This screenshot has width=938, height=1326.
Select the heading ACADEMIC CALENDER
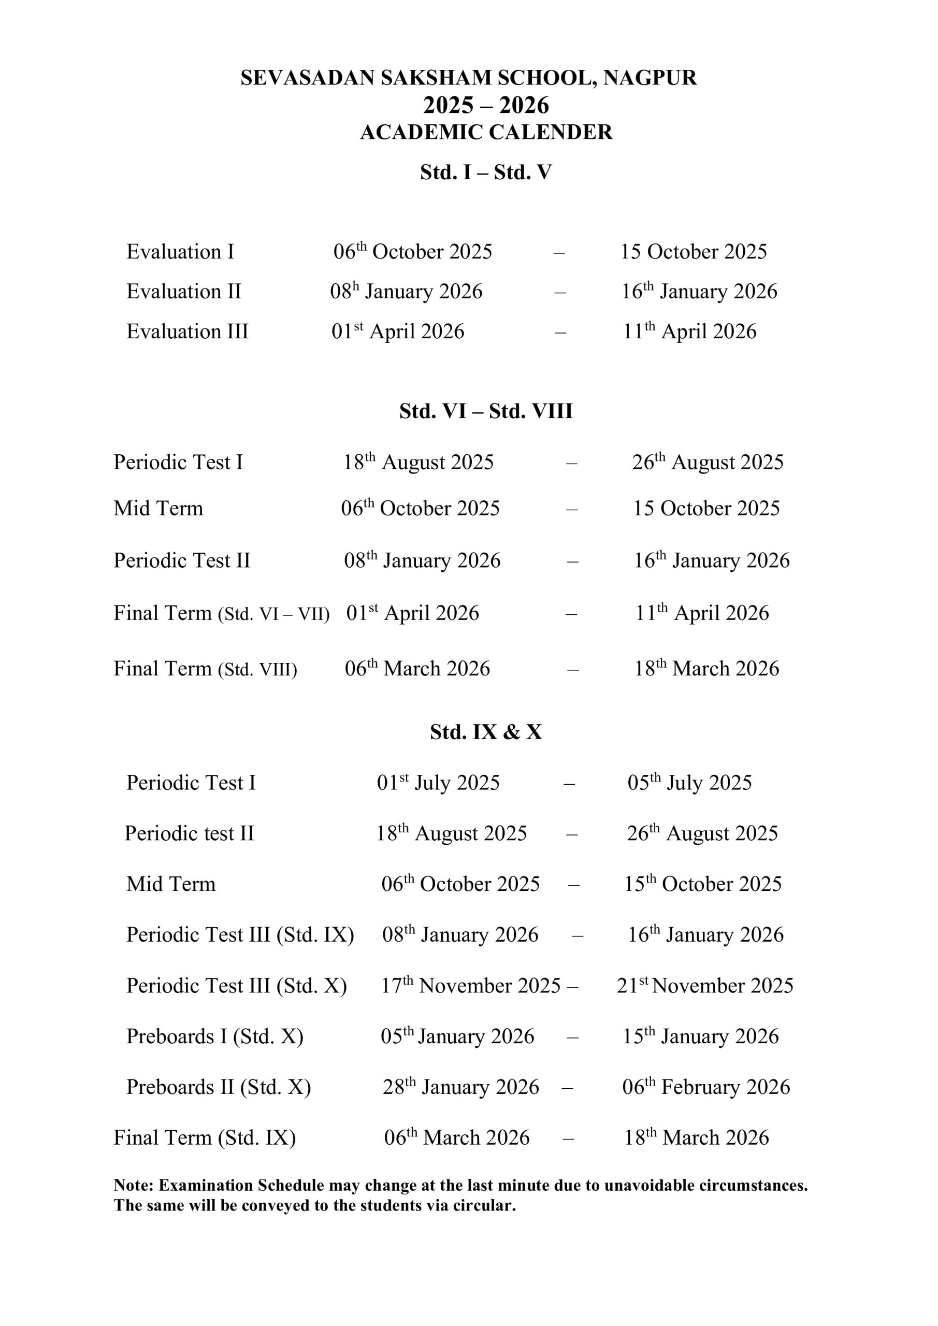(486, 132)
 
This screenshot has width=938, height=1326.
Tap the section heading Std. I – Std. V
(486, 172)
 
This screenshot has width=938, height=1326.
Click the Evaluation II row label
(184, 292)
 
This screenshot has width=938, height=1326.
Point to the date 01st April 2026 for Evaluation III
(398, 331)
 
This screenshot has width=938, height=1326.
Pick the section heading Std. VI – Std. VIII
(486, 411)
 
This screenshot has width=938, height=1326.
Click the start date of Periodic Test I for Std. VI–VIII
(419, 463)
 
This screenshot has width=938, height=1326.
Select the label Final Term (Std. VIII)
(205, 669)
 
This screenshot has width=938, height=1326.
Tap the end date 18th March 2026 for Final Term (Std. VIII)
(707, 669)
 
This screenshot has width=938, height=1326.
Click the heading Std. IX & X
(486, 732)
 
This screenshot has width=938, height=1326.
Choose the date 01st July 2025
(438, 783)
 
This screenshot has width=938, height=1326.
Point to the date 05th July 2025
(689, 783)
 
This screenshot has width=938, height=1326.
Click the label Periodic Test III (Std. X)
(237, 986)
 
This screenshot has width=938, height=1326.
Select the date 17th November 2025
(471, 986)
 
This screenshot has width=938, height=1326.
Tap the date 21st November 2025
(704, 986)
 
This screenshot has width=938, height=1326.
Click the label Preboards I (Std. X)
(215, 1036)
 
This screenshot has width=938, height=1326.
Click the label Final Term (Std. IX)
(205, 1138)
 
